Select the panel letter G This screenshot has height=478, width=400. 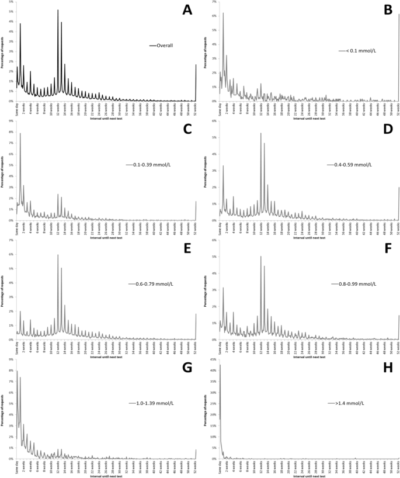tap(187, 368)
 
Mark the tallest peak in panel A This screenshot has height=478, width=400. tap(58, 10)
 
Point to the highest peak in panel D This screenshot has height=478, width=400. tap(260, 133)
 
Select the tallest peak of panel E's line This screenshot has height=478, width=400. tap(58, 255)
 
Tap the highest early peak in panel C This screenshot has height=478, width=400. tap(20, 133)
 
